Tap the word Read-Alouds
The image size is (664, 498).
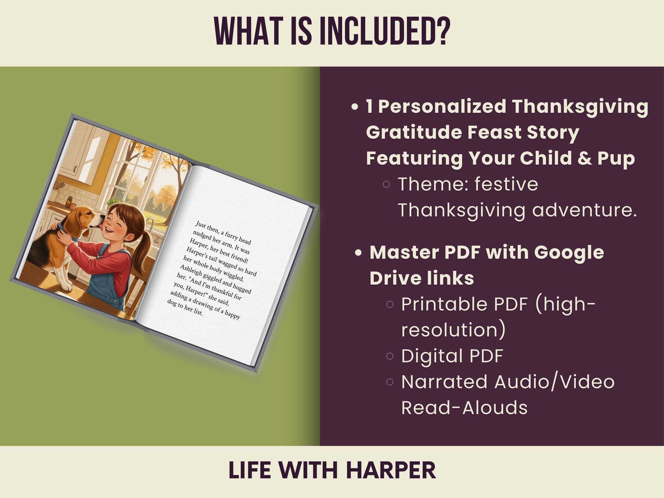coord(464,407)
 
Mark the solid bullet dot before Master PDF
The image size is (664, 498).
coord(358,253)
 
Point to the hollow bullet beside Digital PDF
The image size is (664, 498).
coord(390,356)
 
